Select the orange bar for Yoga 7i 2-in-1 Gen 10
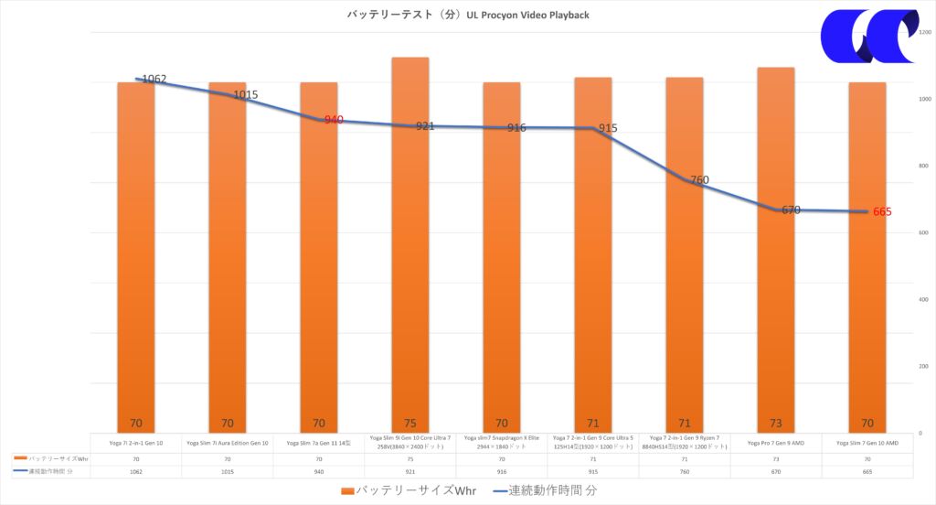[135, 256]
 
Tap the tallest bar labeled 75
[409, 247]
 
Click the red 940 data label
[334, 120]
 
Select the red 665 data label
[882, 212]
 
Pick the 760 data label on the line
[699, 180]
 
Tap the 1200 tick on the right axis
[924, 32]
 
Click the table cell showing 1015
[227, 472]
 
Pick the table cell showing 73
[775, 458]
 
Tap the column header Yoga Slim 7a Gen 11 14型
[318, 444]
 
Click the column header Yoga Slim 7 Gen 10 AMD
[867, 444]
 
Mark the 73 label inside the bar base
[775, 424]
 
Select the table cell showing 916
[501, 472]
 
